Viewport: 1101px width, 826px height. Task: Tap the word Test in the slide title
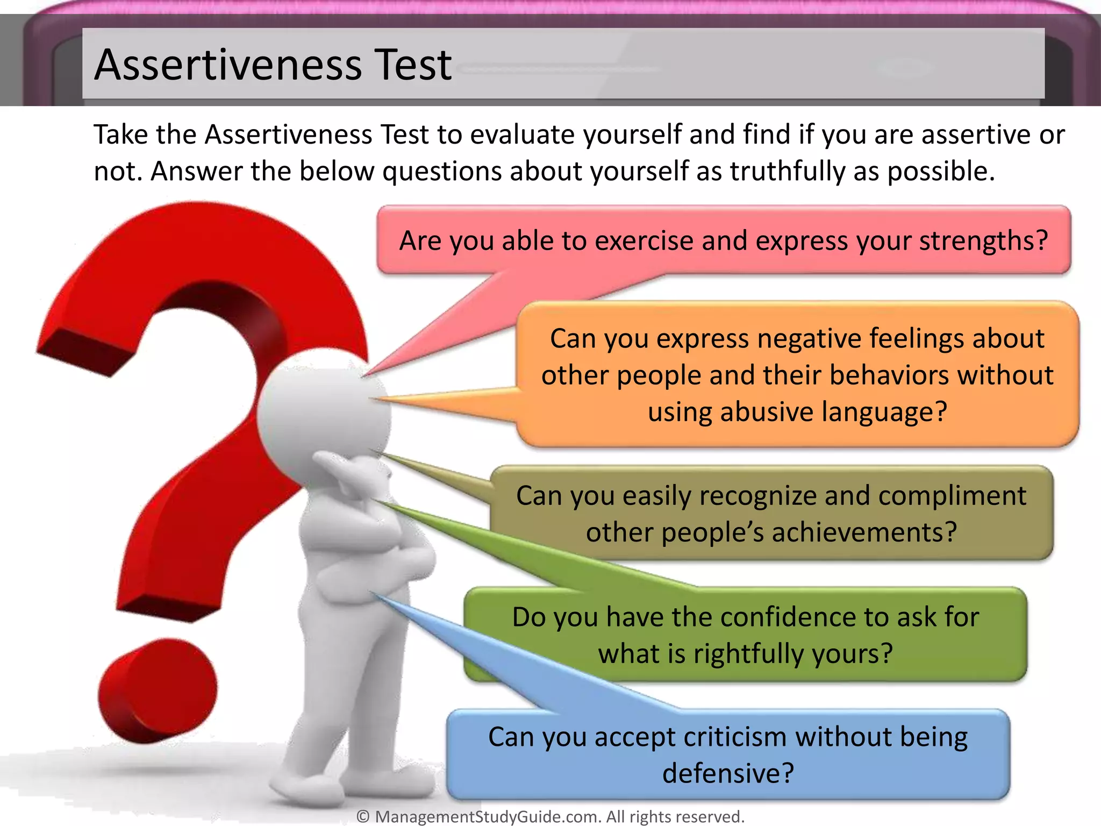[x=413, y=65]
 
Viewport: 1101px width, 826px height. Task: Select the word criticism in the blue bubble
[x=735, y=737]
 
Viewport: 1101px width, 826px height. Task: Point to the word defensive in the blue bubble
[x=727, y=774]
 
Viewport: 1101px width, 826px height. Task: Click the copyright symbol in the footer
[x=363, y=817]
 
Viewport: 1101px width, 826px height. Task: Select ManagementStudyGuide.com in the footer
[x=488, y=817]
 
